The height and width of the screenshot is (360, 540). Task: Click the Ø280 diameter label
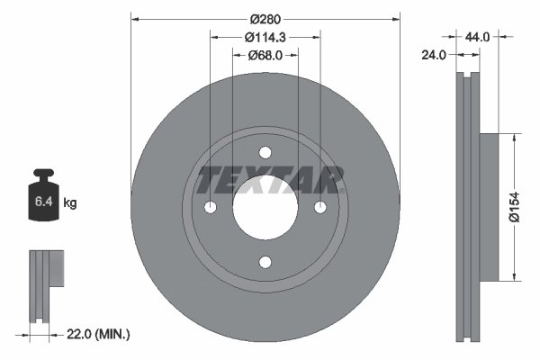tap(265, 18)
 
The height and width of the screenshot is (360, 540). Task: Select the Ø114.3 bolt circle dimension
tap(265, 37)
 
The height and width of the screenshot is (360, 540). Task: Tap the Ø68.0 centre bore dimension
tap(265, 55)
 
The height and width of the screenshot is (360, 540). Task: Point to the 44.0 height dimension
tap(476, 37)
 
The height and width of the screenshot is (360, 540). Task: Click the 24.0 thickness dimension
tap(434, 55)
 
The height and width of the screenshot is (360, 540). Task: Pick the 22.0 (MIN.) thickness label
tap(100, 334)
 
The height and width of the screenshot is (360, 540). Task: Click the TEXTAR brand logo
tap(271, 180)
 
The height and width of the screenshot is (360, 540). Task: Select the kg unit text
tap(70, 204)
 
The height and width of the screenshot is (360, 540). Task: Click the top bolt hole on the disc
tap(265, 153)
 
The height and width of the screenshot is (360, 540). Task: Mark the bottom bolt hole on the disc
tap(265, 263)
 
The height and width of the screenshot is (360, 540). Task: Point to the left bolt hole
tap(211, 208)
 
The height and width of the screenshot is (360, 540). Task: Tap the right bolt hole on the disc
tap(320, 208)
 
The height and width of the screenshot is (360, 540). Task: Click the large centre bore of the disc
tap(265, 208)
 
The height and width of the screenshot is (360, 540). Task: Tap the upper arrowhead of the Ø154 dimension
tap(514, 138)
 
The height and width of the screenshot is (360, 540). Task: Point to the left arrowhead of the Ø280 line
tap(136, 18)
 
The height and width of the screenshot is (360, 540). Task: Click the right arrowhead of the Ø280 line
tap(395, 18)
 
